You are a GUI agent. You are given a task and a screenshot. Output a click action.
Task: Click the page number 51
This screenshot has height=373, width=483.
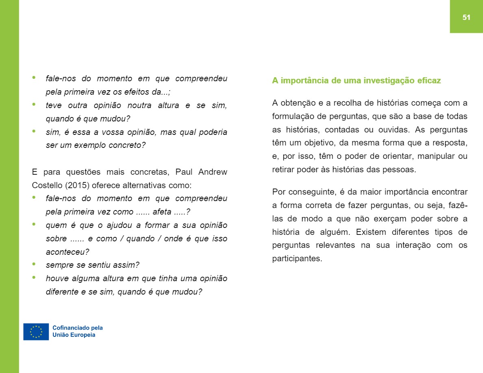pyautogui.click(x=466, y=17)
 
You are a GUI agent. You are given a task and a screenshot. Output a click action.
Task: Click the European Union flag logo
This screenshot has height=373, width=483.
pyautogui.click(x=36, y=332)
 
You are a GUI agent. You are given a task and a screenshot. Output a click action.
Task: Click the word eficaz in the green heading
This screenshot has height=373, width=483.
pyautogui.click(x=429, y=80)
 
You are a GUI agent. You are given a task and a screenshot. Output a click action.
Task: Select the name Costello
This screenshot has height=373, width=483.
pyautogui.click(x=46, y=185)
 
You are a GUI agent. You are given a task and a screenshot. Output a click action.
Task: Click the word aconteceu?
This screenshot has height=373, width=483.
pyautogui.click(x=67, y=252)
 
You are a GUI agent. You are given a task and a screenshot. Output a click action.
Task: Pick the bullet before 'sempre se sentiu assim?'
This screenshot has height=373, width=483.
pyautogui.click(x=34, y=264)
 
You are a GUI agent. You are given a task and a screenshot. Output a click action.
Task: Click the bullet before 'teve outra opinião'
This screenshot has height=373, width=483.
pyautogui.click(x=34, y=104)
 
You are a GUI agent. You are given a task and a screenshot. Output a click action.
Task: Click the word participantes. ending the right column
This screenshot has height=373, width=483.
pyautogui.click(x=297, y=259)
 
